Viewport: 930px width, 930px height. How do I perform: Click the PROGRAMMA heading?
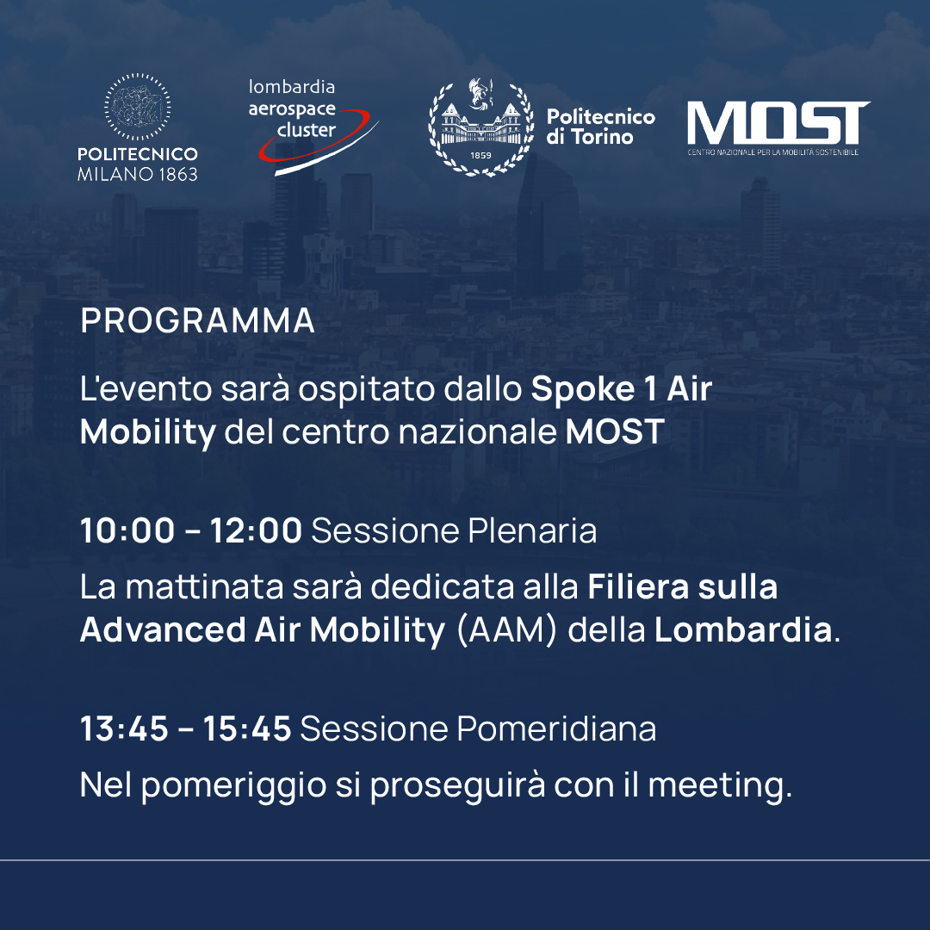tap(197, 320)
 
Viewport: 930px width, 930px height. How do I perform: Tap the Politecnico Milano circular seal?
tap(138, 108)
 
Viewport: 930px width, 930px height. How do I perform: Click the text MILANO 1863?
tap(138, 174)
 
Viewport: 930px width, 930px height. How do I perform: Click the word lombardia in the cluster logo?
tap(292, 87)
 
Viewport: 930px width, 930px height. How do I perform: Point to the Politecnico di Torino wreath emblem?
tap(481, 127)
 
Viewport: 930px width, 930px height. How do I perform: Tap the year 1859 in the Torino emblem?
tap(481, 155)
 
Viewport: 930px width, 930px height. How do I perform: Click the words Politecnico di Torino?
tap(600, 127)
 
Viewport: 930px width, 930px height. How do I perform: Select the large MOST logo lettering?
tap(778, 123)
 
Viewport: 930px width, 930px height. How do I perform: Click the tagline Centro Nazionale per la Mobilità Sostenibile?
tap(773, 152)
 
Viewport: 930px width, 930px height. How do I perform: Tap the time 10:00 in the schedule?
tap(127, 530)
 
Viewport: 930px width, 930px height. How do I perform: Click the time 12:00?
tap(257, 530)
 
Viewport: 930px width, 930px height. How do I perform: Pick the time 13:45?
tap(125, 728)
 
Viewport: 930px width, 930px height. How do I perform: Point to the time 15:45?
tap(247, 728)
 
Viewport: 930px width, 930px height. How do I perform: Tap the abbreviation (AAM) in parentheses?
tap(507, 629)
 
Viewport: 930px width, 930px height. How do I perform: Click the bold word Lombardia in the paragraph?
tap(743, 629)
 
